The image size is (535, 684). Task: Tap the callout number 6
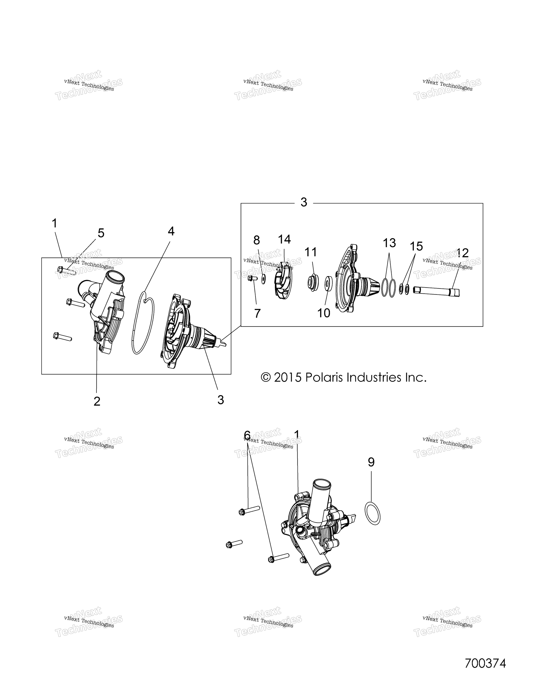247,435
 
